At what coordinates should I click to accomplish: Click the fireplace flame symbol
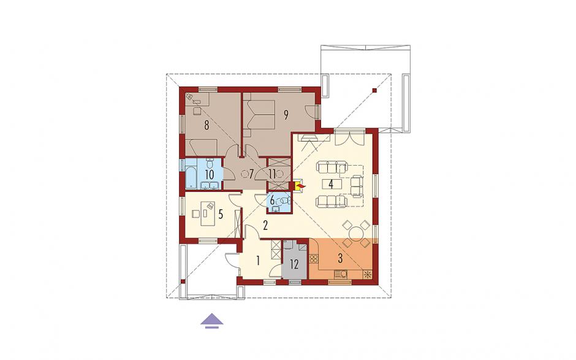[x=300, y=187]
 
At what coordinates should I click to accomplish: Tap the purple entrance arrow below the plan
[x=212, y=320]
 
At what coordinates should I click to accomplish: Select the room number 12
[x=294, y=264]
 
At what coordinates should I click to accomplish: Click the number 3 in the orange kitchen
[x=340, y=259]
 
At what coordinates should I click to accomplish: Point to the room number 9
[x=286, y=115]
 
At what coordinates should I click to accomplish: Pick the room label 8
[x=207, y=126]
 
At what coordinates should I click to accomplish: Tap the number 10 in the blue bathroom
[x=209, y=174]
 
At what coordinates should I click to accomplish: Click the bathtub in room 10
[x=191, y=174]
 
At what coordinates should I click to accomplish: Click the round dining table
[x=355, y=234]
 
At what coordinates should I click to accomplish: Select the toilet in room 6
[x=284, y=201]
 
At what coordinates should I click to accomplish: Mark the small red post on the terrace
[x=374, y=90]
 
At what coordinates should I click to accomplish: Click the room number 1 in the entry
[x=258, y=261]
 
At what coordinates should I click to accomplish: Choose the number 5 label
[x=221, y=214]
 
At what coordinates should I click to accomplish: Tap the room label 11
[x=272, y=174]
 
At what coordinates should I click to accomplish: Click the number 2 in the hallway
[x=265, y=225]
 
